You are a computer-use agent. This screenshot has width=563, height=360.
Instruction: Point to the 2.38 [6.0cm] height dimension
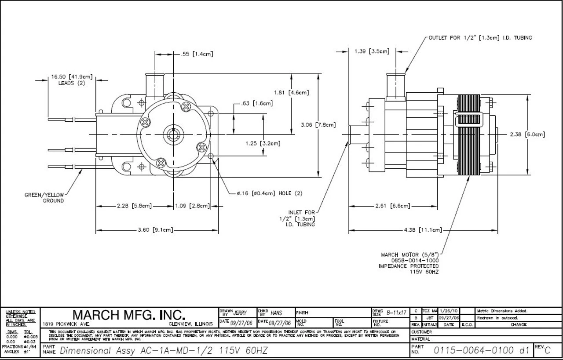click(x=527, y=135)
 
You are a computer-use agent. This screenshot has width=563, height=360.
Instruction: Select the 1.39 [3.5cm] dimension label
click(x=372, y=51)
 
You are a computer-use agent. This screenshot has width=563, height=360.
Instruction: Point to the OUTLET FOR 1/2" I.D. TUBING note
click(x=480, y=38)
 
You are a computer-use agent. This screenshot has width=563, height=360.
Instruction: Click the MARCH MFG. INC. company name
click(x=128, y=316)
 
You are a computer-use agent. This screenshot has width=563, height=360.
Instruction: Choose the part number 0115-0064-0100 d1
click(x=482, y=350)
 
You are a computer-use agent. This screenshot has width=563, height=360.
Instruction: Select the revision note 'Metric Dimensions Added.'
click(x=502, y=311)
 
